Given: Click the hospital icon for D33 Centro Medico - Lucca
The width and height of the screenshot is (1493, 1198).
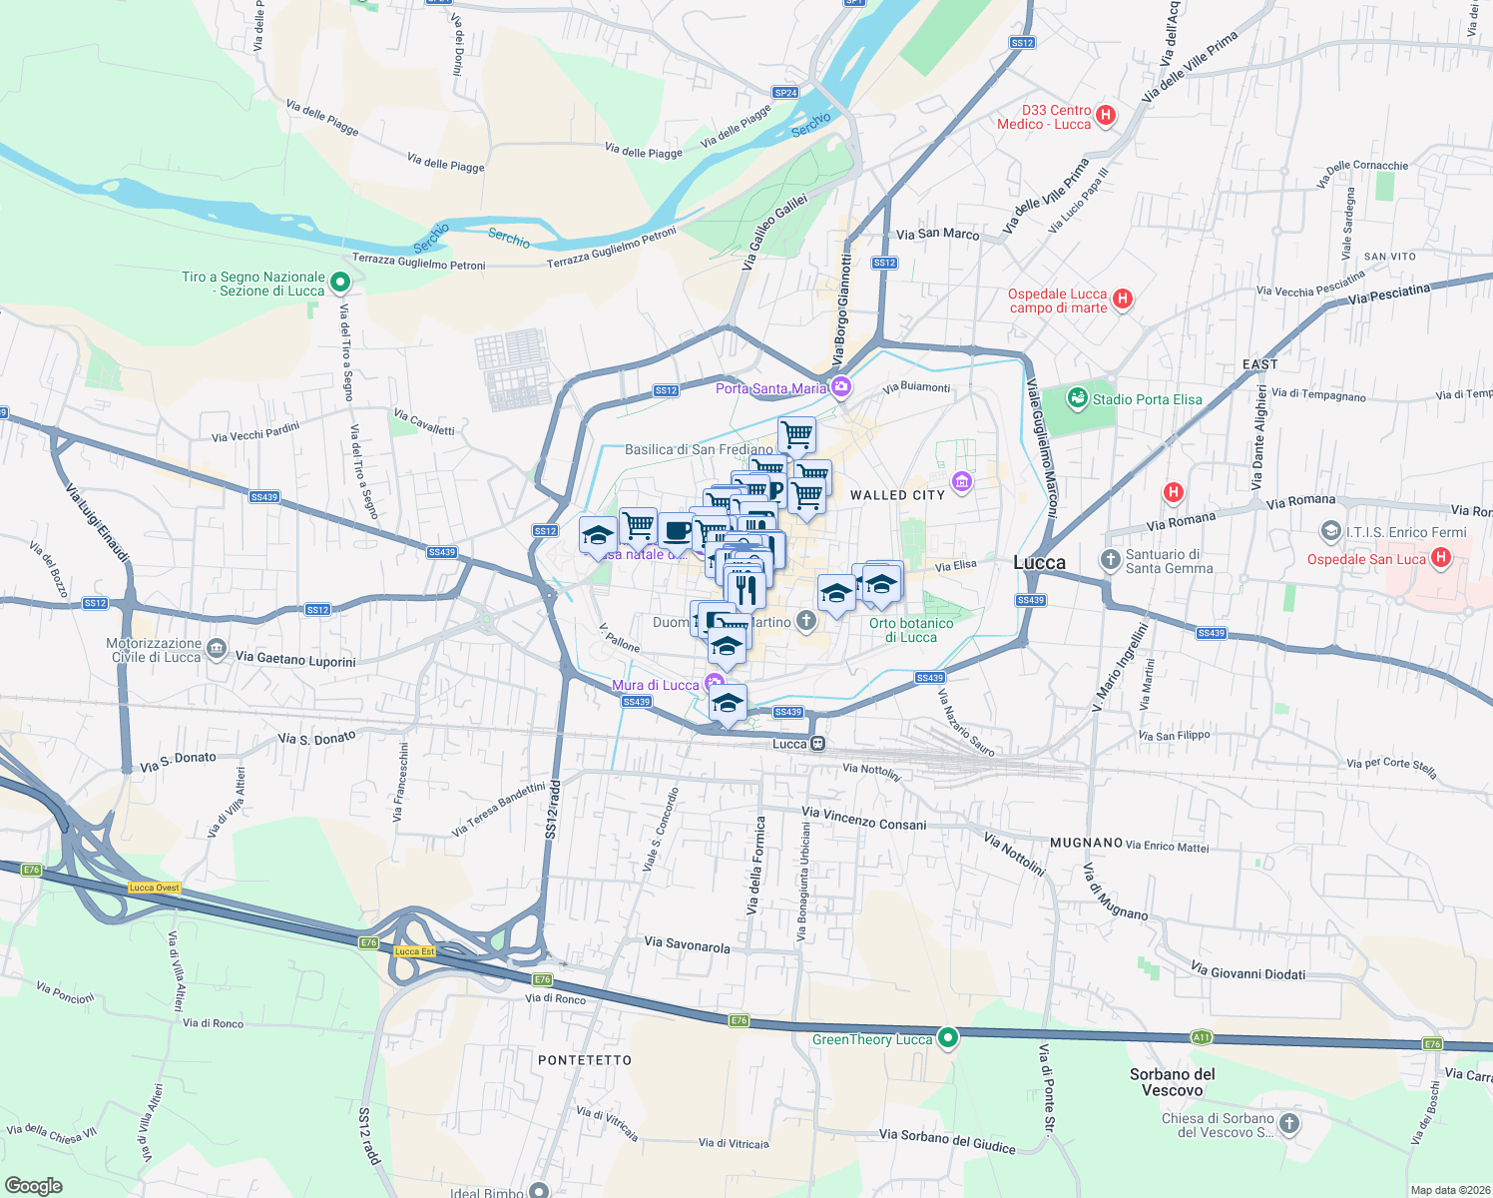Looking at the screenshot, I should (1105, 115).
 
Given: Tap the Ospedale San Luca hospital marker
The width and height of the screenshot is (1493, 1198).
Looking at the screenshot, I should (1440, 558).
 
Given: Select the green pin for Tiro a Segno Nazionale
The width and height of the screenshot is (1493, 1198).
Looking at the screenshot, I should (339, 283).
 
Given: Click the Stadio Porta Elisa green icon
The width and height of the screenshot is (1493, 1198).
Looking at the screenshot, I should (1077, 399).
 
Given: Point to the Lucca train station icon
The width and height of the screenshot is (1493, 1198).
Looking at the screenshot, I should (817, 744).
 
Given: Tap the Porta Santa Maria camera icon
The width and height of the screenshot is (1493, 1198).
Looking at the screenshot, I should (841, 386).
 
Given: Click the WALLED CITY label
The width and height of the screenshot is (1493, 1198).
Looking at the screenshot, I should (896, 495).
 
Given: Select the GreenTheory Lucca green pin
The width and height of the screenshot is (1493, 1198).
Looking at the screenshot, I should (948, 1037).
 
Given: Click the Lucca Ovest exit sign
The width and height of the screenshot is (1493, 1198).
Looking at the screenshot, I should (154, 888).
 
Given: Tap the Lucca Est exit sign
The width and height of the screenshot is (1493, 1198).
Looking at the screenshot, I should (414, 951).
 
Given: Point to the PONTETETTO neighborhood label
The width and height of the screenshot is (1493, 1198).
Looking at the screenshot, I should (584, 1060).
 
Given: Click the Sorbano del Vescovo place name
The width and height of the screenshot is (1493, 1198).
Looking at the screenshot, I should (1172, 1082).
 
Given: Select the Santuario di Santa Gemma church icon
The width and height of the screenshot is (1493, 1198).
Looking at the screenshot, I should (1110, 560).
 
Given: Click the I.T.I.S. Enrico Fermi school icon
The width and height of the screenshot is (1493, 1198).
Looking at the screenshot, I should (1330, 531).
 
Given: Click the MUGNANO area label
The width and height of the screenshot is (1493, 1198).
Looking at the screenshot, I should (1085, 843).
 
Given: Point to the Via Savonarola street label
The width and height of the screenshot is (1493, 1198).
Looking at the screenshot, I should (687, 944).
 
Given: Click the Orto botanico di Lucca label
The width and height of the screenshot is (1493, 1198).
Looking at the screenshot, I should (910, 630).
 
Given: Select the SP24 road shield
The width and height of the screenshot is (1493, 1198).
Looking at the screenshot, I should (785, 93).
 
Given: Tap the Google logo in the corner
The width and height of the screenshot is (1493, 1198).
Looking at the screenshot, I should (34, 1185).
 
